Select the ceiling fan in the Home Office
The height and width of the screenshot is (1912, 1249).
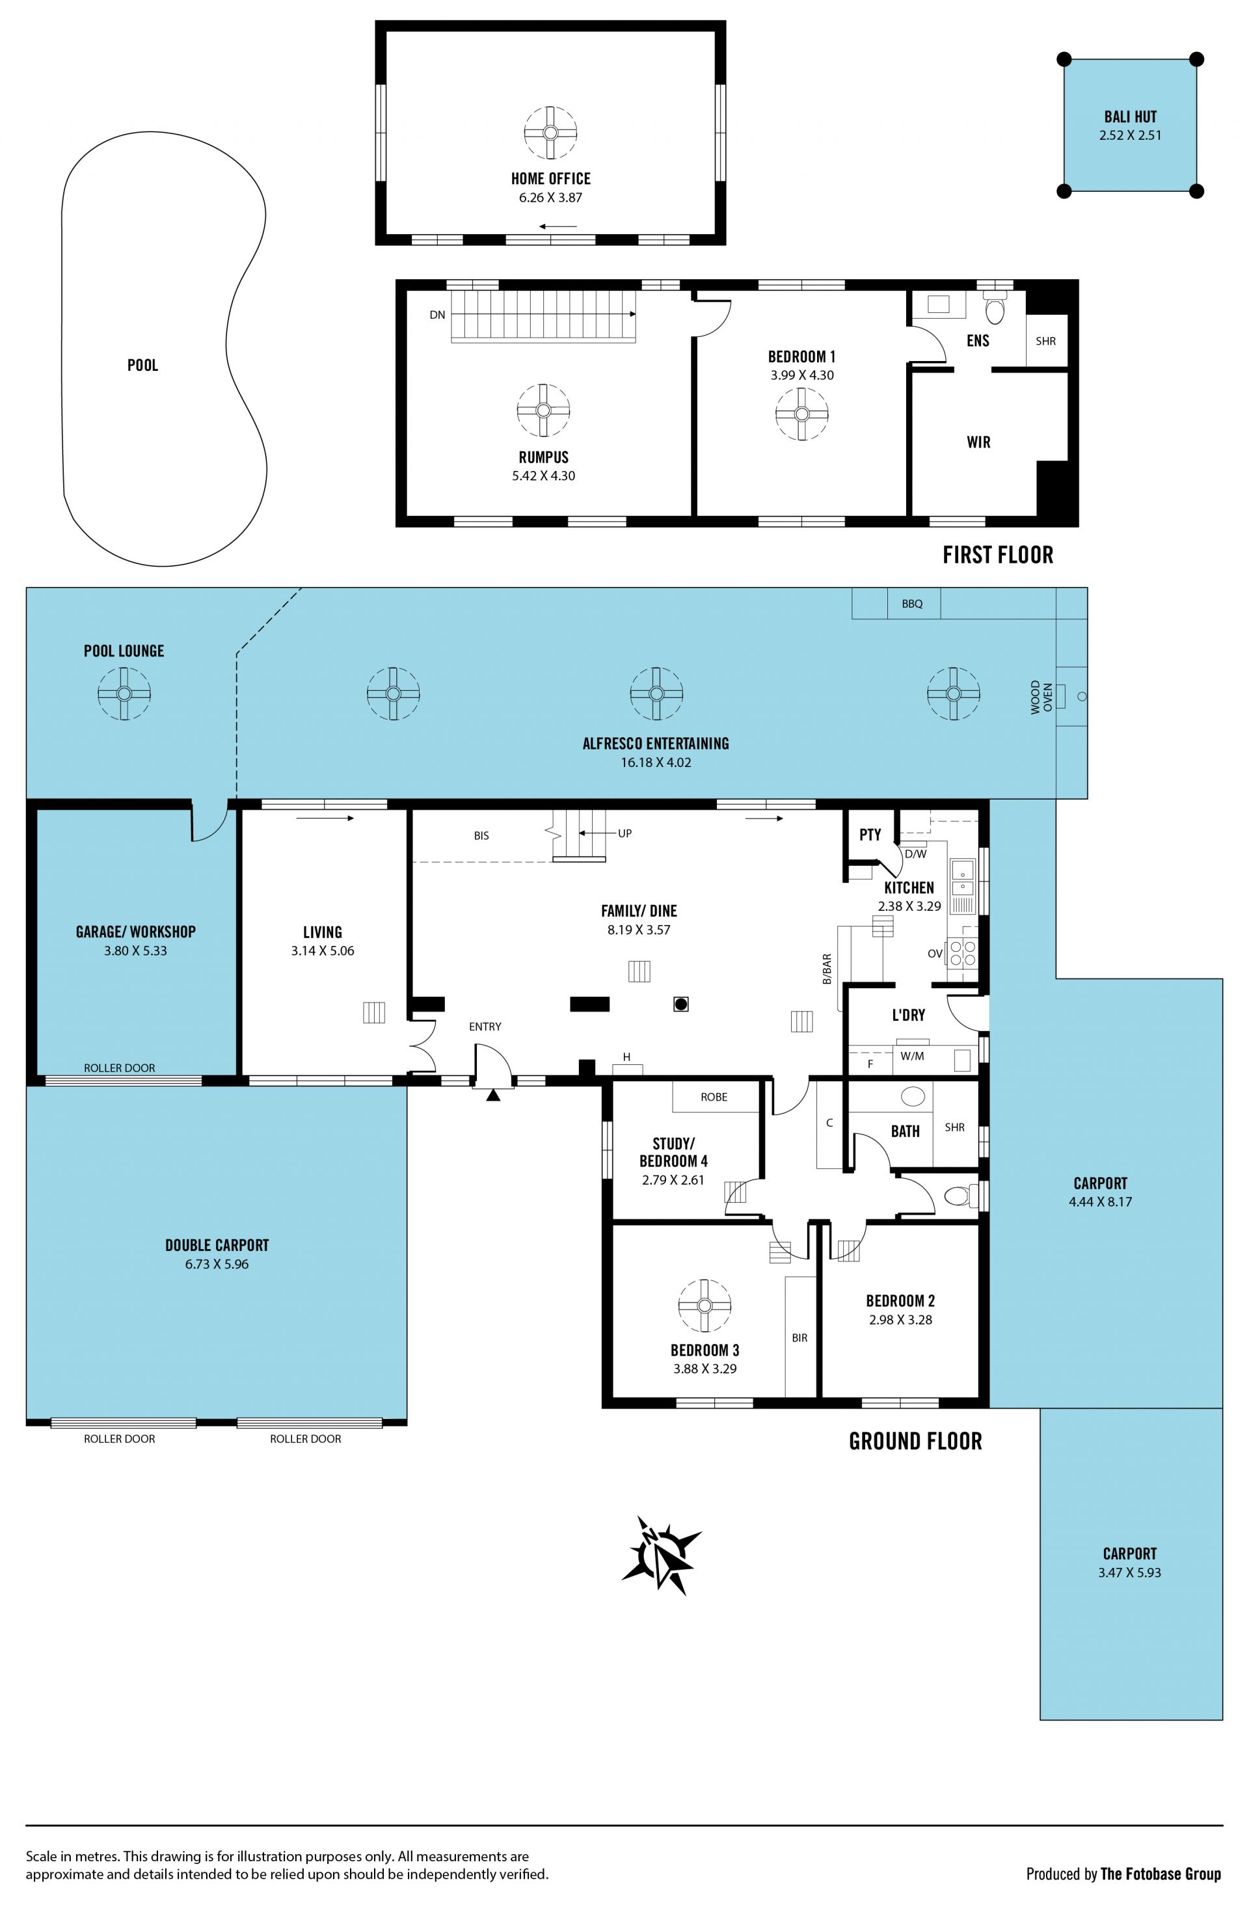point(550,133)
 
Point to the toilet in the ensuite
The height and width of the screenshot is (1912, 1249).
point(995,308)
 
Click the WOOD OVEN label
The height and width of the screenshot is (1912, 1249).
point(1041,697)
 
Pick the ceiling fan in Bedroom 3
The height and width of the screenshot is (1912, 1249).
point(705,1306)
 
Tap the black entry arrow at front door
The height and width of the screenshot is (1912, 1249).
point(493,1094)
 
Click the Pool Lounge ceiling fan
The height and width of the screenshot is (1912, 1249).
point(124,693)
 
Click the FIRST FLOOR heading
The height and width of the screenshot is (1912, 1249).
point(998,554)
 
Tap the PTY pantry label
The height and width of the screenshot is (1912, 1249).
point(870,835)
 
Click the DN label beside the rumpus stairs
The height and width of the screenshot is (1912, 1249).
point(437,315)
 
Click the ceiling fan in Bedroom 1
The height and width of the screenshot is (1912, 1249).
point(801,414)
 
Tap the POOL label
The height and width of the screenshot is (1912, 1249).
point(143,365)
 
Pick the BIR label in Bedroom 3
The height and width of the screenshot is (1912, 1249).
point(799,1338)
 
